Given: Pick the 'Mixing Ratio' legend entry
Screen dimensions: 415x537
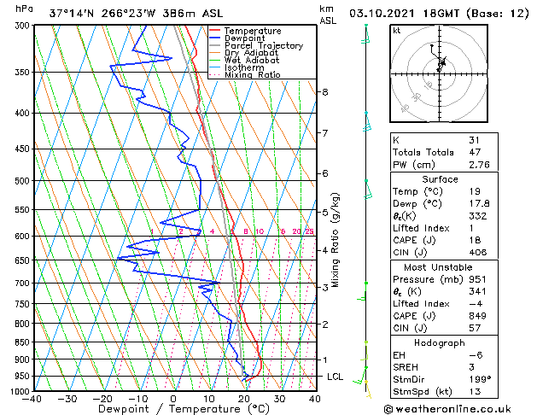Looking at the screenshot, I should tap(253, 75).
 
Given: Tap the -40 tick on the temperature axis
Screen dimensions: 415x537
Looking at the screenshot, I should tap(34, 398).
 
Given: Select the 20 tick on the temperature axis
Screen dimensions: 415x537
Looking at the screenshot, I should tap(244, 398).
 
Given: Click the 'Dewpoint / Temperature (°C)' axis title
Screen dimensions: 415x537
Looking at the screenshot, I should tap(173, 409).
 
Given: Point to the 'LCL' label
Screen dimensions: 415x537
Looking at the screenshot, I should tap(336, 377).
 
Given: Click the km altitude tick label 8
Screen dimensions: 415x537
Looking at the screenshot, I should tap(325, 92).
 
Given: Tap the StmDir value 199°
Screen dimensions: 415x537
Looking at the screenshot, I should tap(480, 378).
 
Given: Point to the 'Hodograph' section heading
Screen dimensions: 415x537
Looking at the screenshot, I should tap(440, 342).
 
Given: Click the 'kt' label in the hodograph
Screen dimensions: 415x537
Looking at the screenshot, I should tap(396, 31).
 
